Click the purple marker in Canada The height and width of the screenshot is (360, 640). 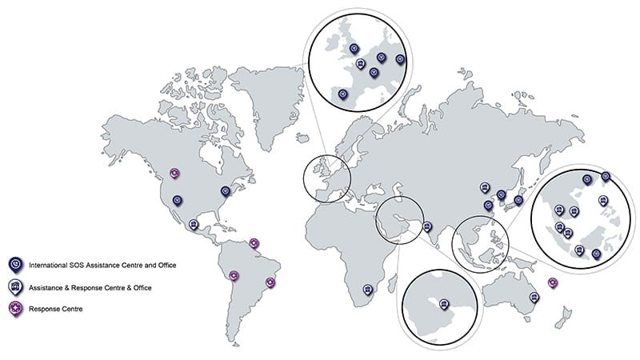coord(175,173)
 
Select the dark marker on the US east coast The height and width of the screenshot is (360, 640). coord(226,191)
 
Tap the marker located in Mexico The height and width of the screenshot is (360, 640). coord(193,225)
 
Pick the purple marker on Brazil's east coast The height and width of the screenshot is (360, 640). coord(270,282)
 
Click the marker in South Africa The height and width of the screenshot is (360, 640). coord(367,290)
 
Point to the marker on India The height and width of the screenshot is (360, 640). coord(427,226)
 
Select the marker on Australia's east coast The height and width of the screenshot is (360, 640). coord(536,297)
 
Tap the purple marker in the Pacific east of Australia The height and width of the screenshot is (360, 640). coord(552,282)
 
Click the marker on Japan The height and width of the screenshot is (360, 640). coord(518,200)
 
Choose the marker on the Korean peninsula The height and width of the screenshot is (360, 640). coord(502,194)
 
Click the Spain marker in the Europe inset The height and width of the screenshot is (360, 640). coord(343,94)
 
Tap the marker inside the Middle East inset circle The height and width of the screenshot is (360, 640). coord(444,303)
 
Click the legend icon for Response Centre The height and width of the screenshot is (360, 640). coord(14,308)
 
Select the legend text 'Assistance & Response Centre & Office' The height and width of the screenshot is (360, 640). coord(90,286)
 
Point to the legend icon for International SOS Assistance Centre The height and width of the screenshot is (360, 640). coord(14,264)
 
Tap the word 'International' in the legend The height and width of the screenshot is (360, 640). coord(49,264)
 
